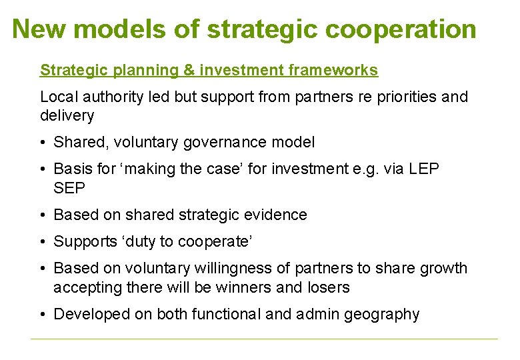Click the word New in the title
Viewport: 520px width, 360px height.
pos(41,29)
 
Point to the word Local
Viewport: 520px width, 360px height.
pos(58,97)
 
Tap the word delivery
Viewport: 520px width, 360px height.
pos(67,115)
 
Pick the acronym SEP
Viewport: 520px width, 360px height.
pos(69,188)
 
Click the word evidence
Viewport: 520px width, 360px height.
pos(275,215)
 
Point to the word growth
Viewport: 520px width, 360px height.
pos(443,268)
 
